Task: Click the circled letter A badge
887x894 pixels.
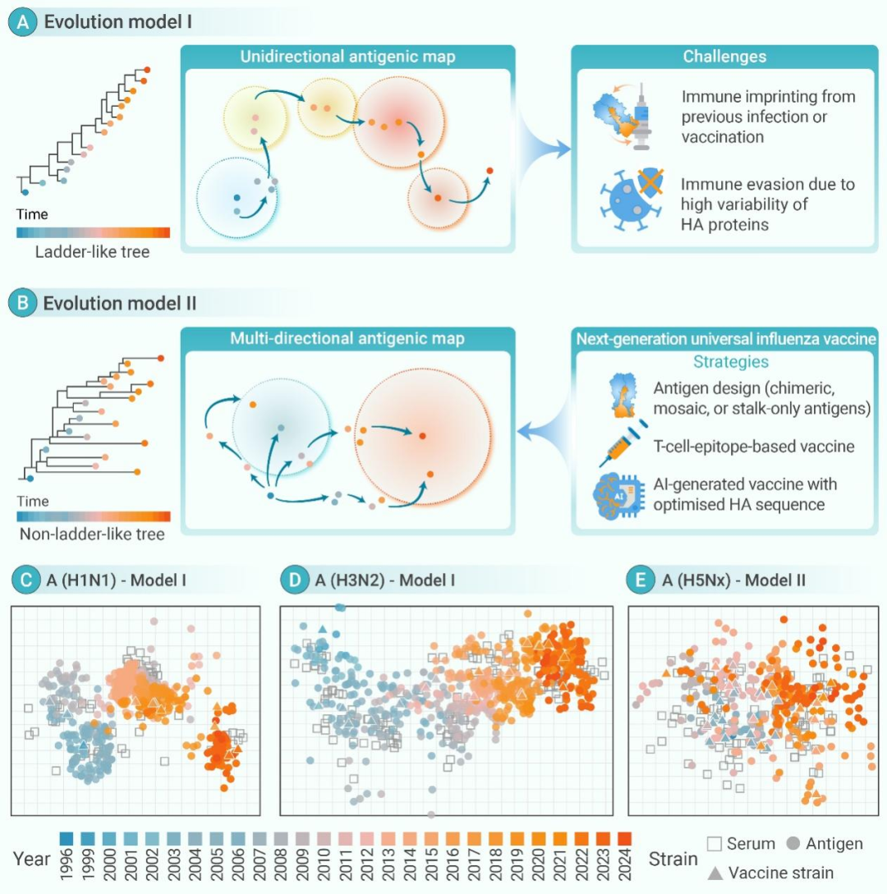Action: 22,21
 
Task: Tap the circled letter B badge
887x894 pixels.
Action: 22,303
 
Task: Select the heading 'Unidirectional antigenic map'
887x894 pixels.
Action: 347,57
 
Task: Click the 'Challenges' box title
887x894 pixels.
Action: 724,57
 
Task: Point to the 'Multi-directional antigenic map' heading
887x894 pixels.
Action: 347,338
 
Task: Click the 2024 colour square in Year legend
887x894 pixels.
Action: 624,838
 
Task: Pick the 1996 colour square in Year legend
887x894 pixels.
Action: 67,838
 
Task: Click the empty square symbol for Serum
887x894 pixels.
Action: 713,844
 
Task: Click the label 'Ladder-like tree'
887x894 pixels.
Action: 93,252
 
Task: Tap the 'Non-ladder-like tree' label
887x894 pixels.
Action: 90,534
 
